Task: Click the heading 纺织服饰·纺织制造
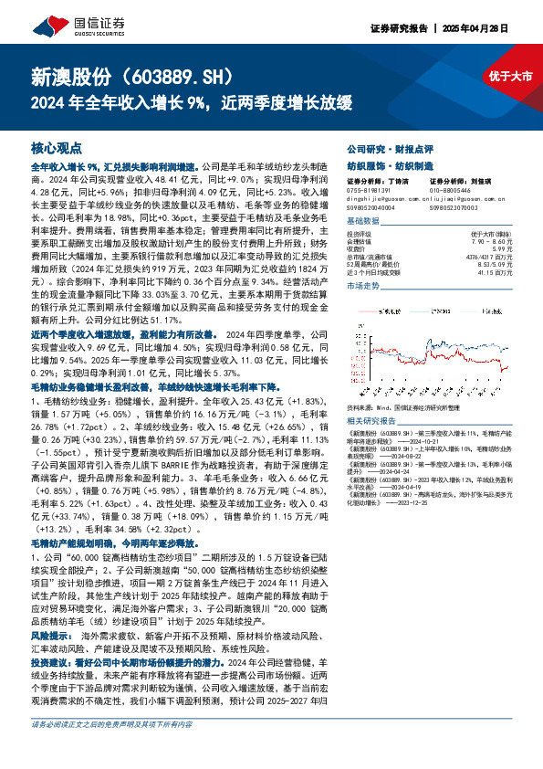(377, 164)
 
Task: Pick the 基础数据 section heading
(364, 222)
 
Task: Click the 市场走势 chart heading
(364, 287)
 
